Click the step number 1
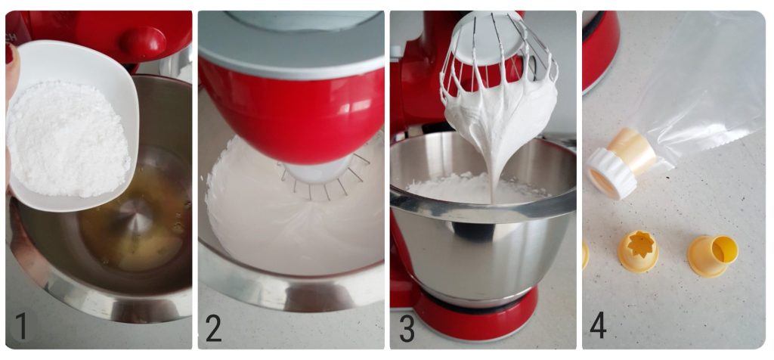point(21,326)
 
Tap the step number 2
point(214,327)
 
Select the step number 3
point(407,327)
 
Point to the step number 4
point(598,326)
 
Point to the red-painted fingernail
point(9,53)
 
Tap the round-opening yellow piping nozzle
point(713,255)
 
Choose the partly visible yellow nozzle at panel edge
point(586,253)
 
